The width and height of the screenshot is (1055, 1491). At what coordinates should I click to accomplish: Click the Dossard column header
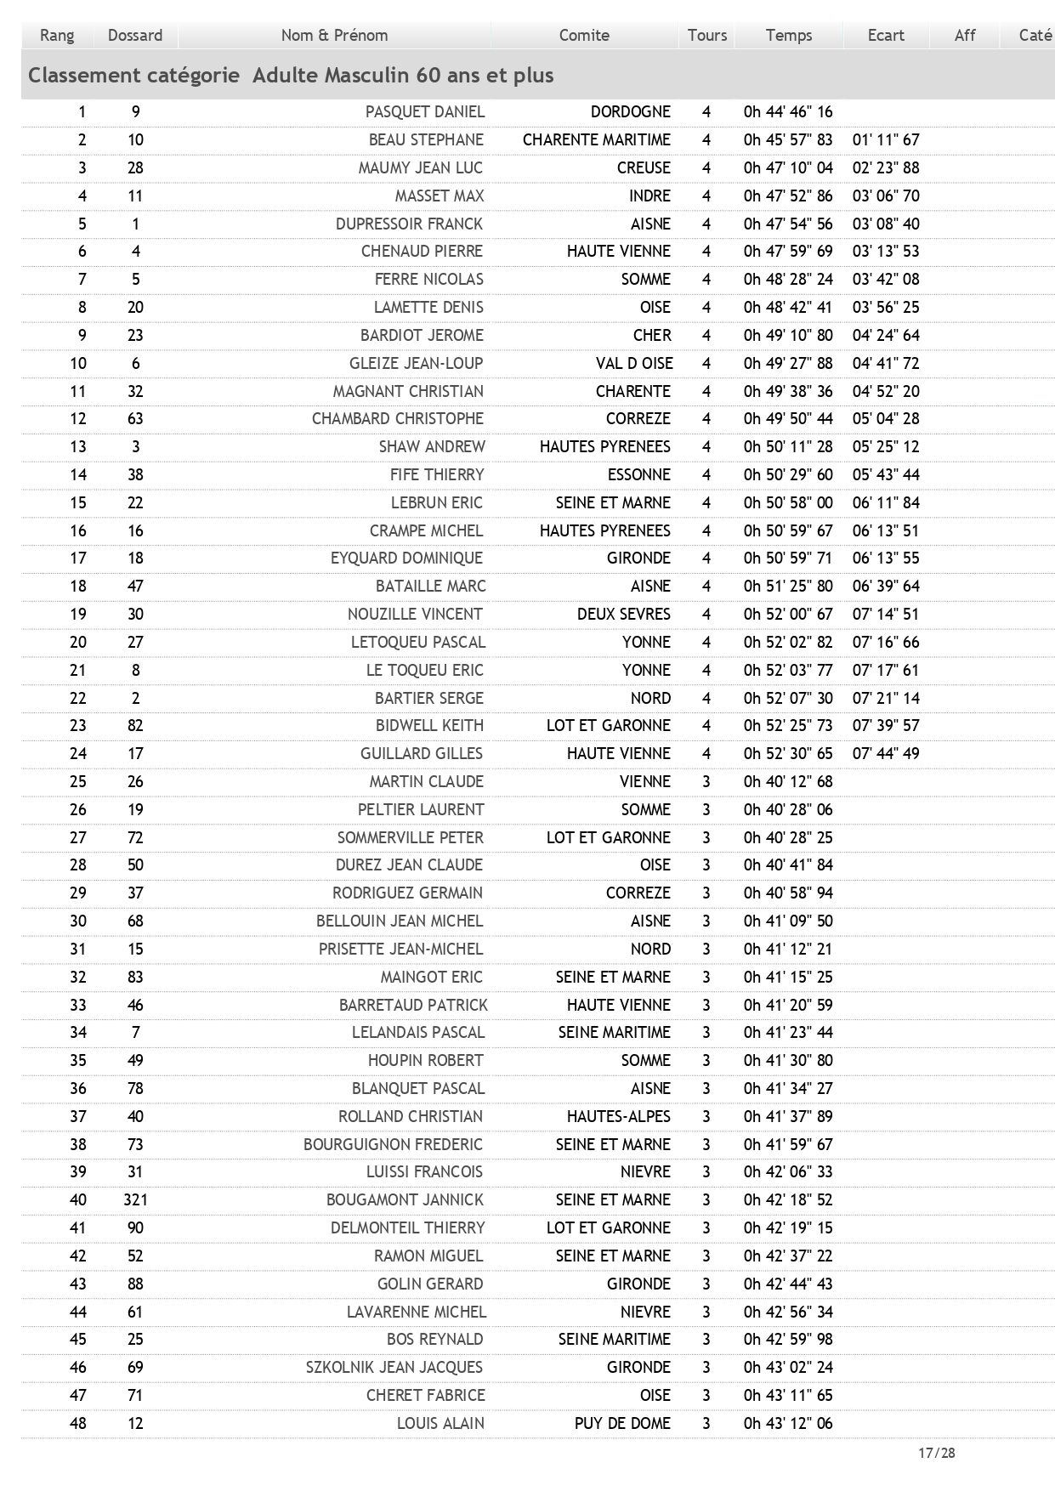[x=134, y=35]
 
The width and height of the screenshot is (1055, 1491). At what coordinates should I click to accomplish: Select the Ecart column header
[x=886, y=35]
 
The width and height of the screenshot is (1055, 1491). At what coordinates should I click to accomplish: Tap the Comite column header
[x=584, y=35]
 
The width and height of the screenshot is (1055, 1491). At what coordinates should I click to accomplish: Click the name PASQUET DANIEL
[x=425, y=111]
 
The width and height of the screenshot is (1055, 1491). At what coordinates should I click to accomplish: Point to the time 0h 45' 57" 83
[x=788, y=139]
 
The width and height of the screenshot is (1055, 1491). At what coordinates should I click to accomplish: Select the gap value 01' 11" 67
[x=886, y=139]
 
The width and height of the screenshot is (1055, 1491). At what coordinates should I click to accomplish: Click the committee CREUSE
[x=644, y=167]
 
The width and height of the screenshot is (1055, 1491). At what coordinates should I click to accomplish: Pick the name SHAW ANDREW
[x=432, y=446]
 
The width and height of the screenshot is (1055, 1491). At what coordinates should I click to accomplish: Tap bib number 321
[x=135, y=1199]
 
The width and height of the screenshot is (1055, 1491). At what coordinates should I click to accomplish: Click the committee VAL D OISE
[x=634, y=363]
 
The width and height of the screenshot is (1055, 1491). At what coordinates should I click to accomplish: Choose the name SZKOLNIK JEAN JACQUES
[x=394, y=1367]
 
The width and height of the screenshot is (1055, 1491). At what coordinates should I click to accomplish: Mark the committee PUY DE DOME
[x=622, y=1423]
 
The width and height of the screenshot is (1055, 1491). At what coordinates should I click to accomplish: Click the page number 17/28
[x=936, y=1453]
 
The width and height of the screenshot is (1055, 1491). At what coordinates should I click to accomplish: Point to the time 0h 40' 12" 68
[x=788, y=781]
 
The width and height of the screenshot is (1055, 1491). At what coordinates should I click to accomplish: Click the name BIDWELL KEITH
[x=429, y=725]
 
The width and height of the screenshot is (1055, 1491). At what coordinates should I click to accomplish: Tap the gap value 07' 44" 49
[x=886, y=753]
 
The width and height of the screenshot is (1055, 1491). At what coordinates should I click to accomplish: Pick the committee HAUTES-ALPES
[x=619, y=1116]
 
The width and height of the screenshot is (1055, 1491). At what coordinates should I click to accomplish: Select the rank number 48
[x=78, y=1423]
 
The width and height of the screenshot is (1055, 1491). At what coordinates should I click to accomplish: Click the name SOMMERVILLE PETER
[x=411, y=837]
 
